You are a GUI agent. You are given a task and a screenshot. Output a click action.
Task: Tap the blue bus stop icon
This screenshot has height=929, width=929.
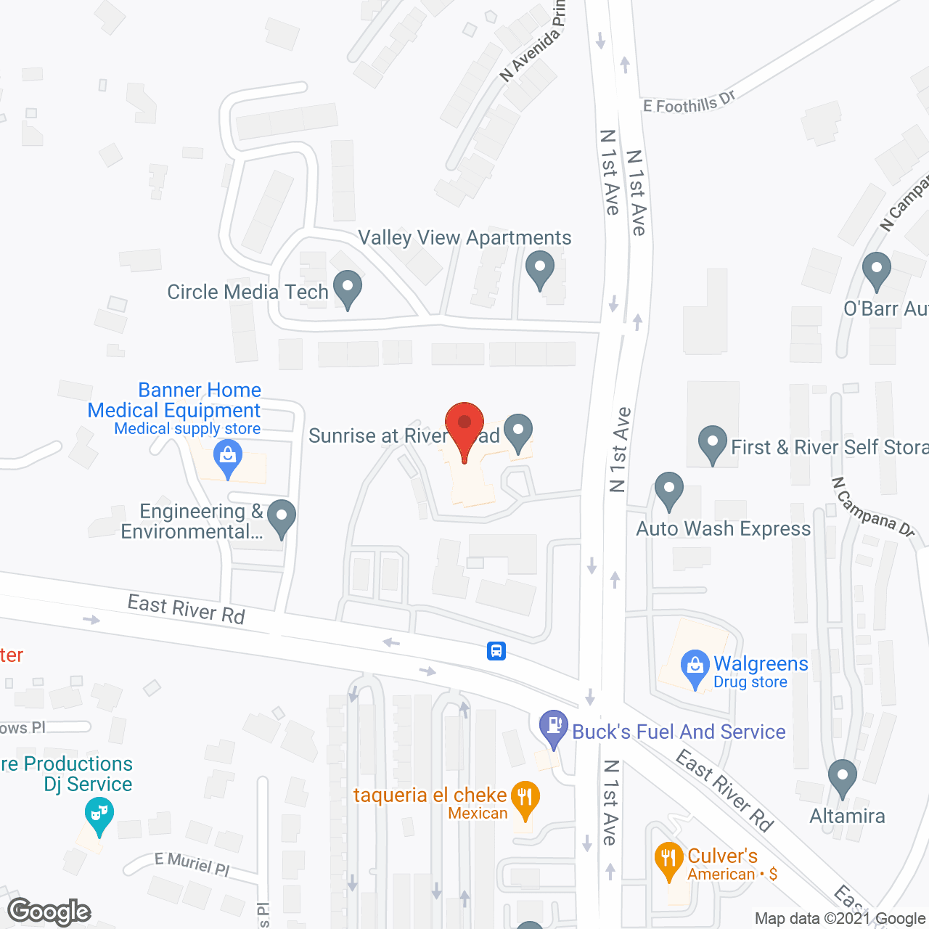496,650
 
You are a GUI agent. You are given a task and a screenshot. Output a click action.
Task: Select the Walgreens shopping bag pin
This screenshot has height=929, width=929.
695,666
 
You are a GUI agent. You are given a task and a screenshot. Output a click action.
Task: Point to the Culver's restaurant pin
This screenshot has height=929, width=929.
668,859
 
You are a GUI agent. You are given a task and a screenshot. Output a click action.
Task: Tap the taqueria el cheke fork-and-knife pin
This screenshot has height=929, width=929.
525,799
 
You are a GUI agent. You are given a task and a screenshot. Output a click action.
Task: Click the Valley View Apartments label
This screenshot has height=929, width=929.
464,238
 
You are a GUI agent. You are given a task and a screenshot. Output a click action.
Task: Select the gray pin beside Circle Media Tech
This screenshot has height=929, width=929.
348,287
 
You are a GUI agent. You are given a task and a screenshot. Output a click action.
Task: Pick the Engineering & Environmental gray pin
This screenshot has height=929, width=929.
282,517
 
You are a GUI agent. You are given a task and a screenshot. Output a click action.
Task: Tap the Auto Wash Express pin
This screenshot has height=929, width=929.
669,490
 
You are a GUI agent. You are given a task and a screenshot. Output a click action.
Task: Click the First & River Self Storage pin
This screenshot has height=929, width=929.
713,443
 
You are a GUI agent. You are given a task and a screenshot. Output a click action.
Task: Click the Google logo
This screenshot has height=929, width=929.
49,912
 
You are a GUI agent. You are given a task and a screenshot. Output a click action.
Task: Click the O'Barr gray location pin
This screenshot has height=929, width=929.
877,270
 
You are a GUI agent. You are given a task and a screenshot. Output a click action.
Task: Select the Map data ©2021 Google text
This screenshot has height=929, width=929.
840,919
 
